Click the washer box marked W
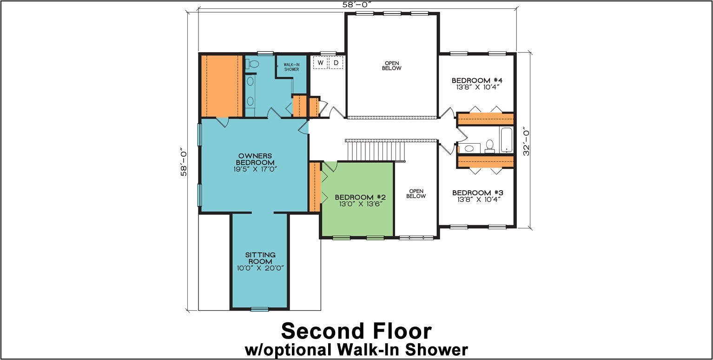point(320,62)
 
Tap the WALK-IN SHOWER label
point(291,67)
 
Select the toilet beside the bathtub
point(489,146)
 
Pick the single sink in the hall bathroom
point(469,148)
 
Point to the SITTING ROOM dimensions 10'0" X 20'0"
point(260,268)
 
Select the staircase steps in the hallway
point(375,150)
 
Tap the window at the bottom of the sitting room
point(259,309)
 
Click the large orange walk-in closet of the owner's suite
point(221,86)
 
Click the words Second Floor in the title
point(356,331)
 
